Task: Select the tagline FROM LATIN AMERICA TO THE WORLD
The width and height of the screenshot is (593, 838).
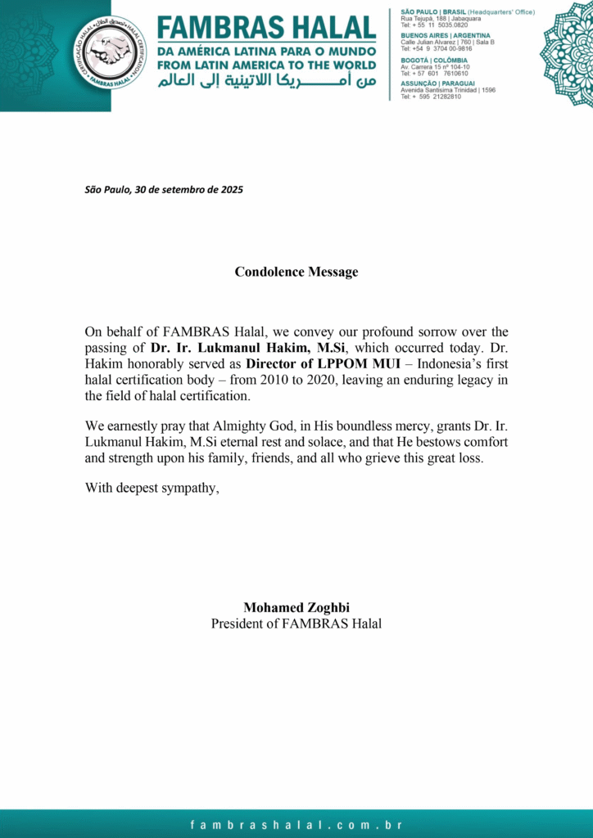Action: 267,65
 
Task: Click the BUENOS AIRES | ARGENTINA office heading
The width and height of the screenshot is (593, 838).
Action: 446,36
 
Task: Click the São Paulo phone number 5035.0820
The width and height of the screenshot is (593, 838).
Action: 450,25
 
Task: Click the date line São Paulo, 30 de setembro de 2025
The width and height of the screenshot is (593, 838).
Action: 164,190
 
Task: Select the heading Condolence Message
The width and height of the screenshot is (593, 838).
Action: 296,272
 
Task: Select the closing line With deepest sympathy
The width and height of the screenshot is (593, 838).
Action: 152,489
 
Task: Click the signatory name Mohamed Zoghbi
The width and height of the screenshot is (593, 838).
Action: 296,607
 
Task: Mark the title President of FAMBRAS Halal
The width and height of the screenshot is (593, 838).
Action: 296,624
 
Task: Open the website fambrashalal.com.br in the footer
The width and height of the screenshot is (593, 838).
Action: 296,825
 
